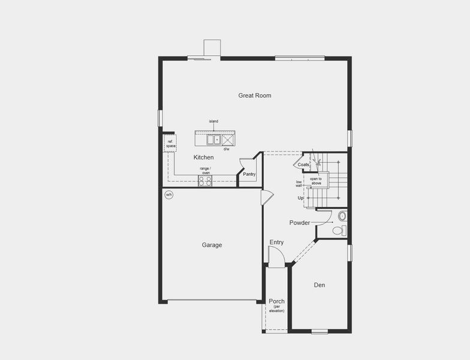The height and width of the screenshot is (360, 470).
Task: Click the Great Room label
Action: [255, 95]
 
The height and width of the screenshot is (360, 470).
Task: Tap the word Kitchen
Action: [203, 157]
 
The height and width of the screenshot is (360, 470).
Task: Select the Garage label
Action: [212, 245]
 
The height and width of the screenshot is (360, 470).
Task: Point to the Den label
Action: [320, 285]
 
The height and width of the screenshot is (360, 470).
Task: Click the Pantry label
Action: [249, 175]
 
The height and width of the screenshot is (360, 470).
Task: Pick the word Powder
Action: [300, 223]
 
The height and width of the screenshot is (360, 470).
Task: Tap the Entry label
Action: [276, 242]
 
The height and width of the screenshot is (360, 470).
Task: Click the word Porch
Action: [276, 301]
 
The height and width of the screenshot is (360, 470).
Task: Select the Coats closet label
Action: [303, 164]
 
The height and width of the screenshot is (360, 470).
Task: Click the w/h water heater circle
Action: [168, 194]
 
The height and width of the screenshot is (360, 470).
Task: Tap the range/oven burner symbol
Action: [205, 181]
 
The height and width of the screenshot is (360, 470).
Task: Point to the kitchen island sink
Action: [213, 140]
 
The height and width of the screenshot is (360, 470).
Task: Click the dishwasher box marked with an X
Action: [228, 140]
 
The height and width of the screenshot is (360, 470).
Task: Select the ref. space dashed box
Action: [171, 144]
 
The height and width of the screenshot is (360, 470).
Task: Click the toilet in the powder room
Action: [338, 230]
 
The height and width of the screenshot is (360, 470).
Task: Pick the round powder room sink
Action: [342, 216]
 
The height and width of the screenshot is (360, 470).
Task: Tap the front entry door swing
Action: [275, 258]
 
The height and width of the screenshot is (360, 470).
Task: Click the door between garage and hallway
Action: [267, 197]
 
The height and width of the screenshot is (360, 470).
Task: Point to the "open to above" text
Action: [316, 181]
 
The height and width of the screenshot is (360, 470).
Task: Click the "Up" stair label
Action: [300, 198]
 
